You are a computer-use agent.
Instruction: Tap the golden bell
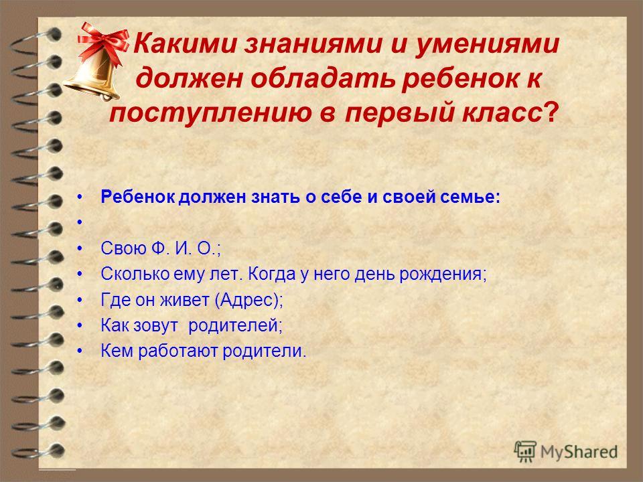[94, 76]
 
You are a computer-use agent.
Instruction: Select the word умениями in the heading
[487, 44]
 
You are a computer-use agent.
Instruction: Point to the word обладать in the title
[323, 78]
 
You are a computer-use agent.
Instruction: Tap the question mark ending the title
[551, 112]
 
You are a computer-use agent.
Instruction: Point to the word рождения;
[443, 274]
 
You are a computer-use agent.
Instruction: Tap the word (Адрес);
[249, 301]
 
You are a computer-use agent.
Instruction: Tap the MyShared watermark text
[579, 452]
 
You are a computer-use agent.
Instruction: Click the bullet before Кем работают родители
[80, 351]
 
